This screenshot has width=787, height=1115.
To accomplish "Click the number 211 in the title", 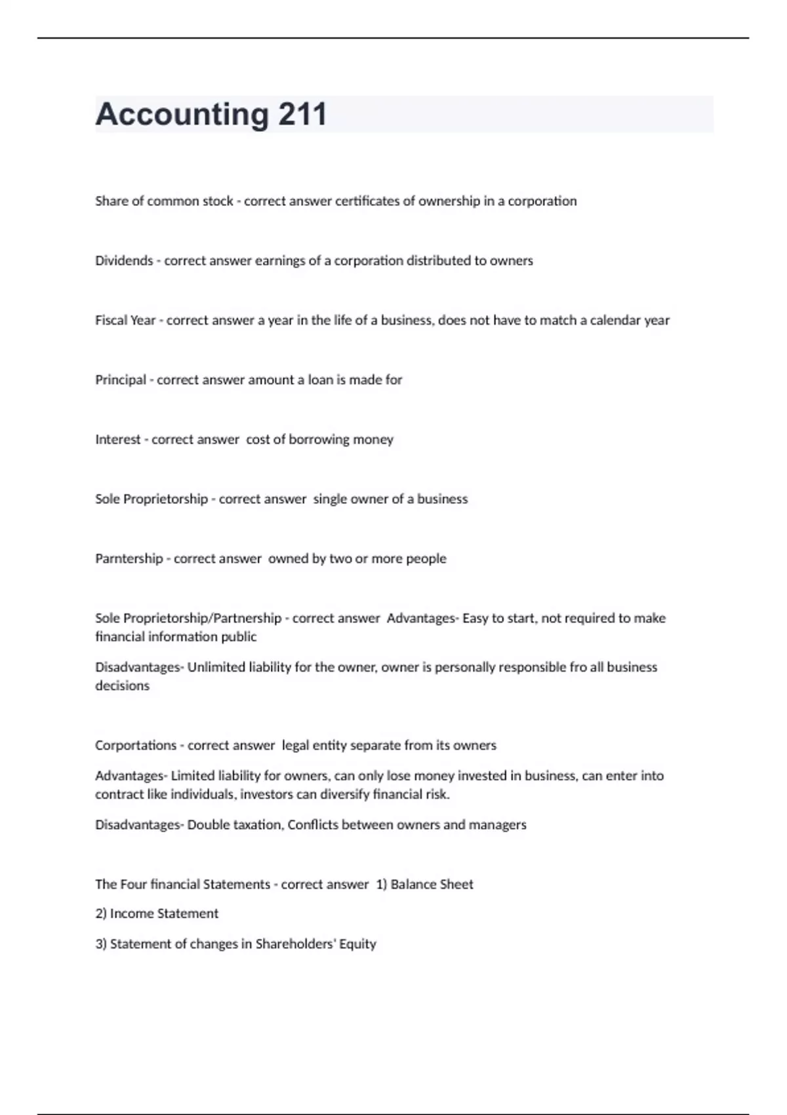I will coord(302,114).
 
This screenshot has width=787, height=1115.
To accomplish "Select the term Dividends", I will coord(124,260).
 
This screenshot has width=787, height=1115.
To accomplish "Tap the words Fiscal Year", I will coord(125,320).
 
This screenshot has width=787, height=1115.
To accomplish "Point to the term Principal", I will coord(121,380).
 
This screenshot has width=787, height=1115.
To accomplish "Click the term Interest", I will coord(118,439).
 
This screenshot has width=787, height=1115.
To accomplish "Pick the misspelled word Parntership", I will coord(129,559).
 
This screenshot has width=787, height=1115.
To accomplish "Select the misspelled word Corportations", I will coord(135,745).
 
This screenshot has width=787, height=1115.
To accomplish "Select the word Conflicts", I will coord(313,824).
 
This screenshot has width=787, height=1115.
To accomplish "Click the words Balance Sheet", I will coord(432,884).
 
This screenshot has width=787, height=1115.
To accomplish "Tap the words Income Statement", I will coord(164,914).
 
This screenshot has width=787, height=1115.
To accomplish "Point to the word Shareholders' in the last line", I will coord(295,944).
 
